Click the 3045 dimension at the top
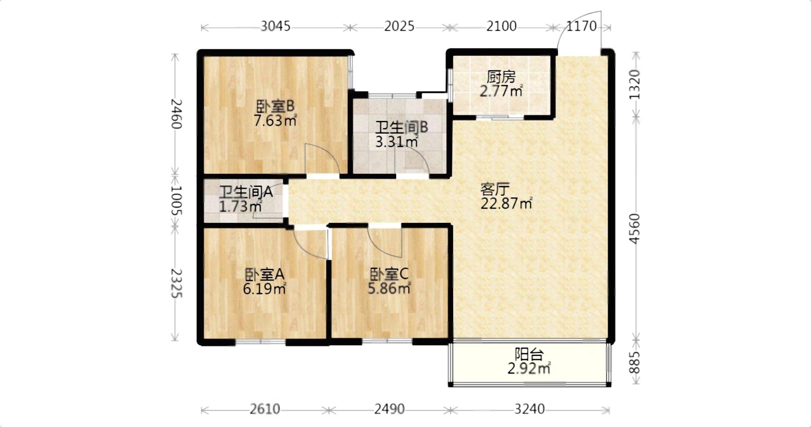tap(275, 26)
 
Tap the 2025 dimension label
tap(399, 26)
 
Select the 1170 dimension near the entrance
tap(581, 26)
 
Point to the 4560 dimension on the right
tap(635, 228)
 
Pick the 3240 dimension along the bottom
tap(529, 409)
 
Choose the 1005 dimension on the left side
tap(177, 201)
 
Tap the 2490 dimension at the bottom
tap(389, 409)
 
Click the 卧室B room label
tap(275, 107)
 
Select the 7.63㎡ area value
tap(275, 120)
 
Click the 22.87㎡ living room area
tap(506, 203)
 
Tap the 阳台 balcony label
tap(529, 355)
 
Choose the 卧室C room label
tap(389, 274)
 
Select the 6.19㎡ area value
tap(264, 289)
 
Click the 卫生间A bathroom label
tap(246, 192)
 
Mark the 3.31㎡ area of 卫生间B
tap(397, 142)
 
